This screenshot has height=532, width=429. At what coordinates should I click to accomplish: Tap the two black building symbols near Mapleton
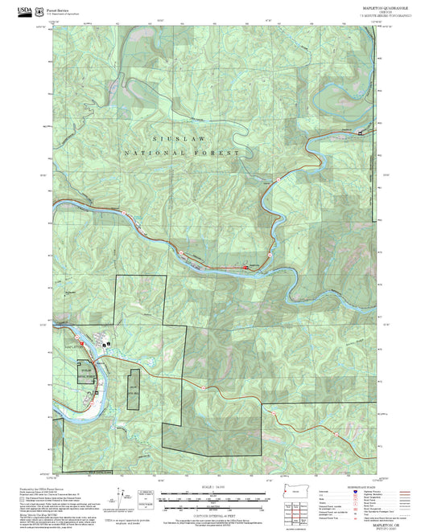(x=107, y=345)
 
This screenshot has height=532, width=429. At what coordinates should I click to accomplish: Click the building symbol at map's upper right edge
(x=359, y=131)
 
